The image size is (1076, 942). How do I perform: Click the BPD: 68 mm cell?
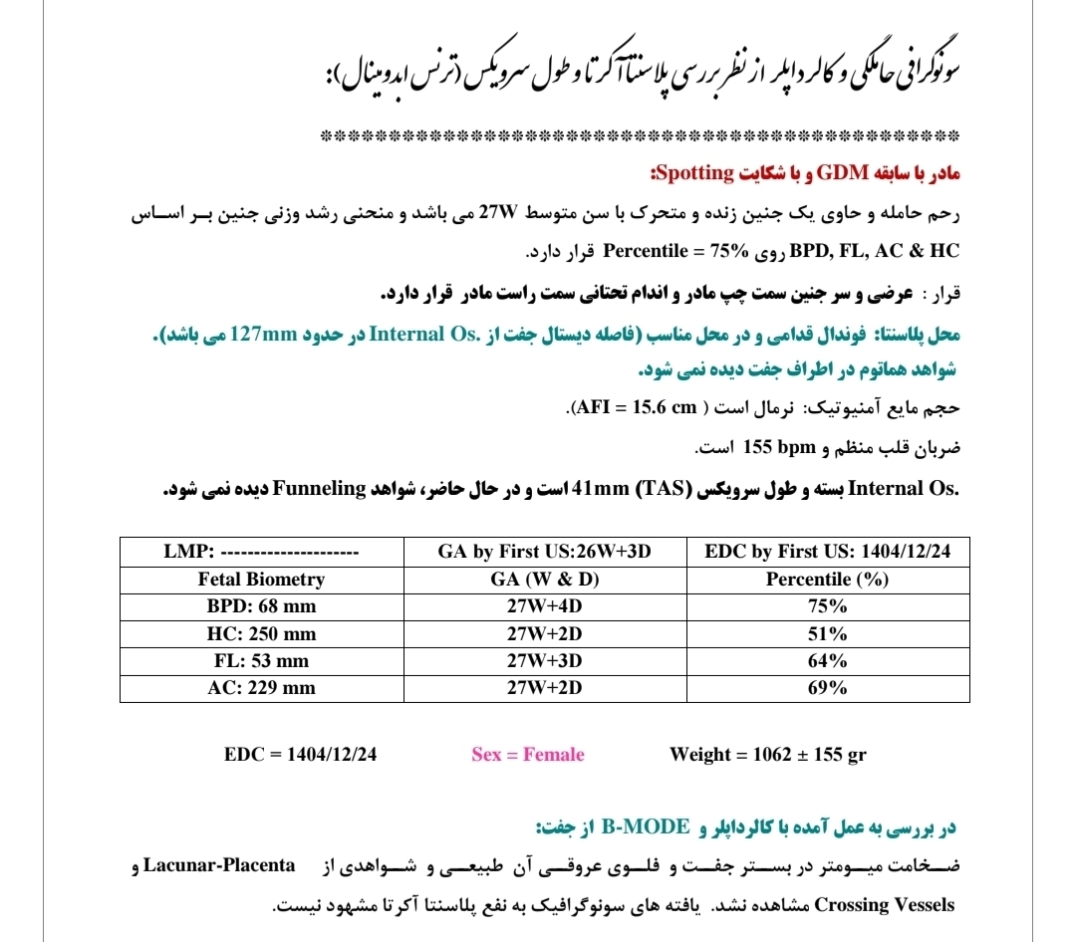(x=261, y=606)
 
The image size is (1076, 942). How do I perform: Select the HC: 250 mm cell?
(x=261, y=634)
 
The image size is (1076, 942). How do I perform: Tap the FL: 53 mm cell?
(x=261, y=661)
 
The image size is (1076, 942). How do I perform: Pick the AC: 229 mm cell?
(x=261, y=688)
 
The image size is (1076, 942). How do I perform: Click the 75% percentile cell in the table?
(x=827, y=606)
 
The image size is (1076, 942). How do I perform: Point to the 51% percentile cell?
(x=827, y=634)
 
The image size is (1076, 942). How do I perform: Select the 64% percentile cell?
(x=827, y=661)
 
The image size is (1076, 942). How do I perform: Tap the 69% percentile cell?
(x=827, y=688)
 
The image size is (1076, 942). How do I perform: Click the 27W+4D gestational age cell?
(x=544, y=606)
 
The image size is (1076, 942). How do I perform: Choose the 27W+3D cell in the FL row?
(x=544, y=661)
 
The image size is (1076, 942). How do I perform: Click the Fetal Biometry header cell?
(x=261, y=580)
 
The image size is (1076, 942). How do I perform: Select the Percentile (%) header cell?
(x=827, y=580)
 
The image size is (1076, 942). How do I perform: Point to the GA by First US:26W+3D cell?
(x=544, y=552)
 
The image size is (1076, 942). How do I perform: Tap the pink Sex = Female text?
(x=528, y=755)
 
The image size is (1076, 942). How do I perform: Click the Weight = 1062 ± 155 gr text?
(x=768, y=755)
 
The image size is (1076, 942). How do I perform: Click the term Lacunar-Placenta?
(x=219, y=864)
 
